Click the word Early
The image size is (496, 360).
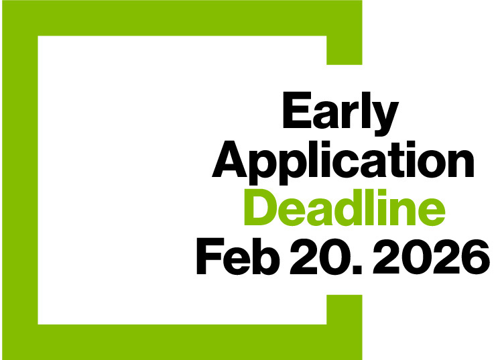tap(340, 115)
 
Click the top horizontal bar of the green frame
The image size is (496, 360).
tap(181, 17)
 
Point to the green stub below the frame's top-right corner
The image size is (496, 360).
tap(345, 50)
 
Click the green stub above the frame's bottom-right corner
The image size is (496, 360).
tap(345, 309)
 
